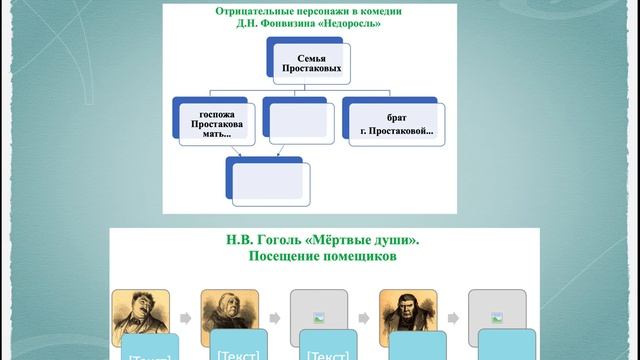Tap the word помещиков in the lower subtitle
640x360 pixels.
[x=361, y=256]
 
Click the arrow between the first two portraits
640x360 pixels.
[x=184, y=317]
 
